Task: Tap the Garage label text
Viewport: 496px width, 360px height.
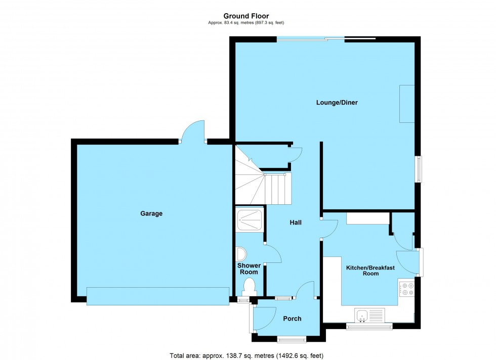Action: pos(151,213)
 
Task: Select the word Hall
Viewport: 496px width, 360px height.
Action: pos(296,222)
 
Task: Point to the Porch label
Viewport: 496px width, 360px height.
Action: pos(292,319)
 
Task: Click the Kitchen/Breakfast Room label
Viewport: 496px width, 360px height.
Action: pos(370,271)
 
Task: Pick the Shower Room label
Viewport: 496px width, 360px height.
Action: pos(249,268)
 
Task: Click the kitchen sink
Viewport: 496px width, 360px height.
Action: pos(363,316)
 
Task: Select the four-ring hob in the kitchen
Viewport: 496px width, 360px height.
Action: pos(406,289)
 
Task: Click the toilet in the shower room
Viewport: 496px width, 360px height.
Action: pos(249,287)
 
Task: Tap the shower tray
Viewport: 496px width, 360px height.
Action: pos(250,220)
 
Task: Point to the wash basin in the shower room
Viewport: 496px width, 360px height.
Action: pos(241,253)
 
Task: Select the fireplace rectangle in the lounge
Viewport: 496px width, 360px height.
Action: pos(406,104)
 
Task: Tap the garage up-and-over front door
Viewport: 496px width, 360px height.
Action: pos(157,296)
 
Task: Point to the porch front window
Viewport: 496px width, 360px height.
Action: pos(292,338)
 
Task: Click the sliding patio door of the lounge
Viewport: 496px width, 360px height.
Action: pos(325,38)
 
